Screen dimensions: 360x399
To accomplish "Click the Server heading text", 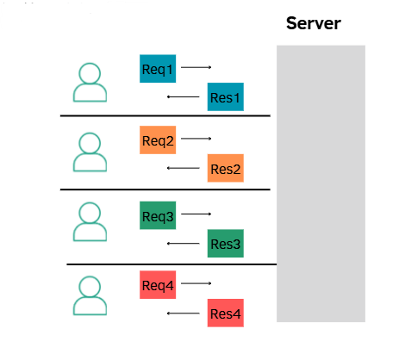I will tap(313, 23).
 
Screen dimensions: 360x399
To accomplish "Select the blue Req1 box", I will tap(158, 68).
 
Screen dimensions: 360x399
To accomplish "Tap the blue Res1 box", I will tap(227, 96).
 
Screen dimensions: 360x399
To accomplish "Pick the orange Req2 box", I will tap(158, 140).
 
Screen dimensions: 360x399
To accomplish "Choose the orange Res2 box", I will tap(226, 169).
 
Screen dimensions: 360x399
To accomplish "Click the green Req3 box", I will tap(158, 215).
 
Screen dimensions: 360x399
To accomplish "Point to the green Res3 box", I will tap(226, 245).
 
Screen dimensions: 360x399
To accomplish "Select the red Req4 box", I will tap(158, 285).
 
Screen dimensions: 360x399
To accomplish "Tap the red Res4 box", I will tap(226, 313).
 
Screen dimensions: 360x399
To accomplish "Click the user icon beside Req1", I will tap(90, 82).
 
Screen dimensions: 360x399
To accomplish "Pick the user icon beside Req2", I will tap(90, 152).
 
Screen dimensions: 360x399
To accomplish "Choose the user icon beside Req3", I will tap(90, 222).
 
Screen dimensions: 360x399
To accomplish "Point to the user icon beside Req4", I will tap(90, 295).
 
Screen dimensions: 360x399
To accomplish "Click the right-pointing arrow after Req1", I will tap(196, 66).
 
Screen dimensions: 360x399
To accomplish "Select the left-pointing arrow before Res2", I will tap(180, 168).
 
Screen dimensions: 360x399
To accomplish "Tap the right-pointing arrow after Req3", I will tap(196, 214).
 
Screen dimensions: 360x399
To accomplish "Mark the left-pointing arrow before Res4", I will tap(180, 313).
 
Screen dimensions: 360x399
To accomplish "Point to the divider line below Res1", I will tap(165, 115).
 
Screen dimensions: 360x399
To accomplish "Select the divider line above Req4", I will tap(171, 264).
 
